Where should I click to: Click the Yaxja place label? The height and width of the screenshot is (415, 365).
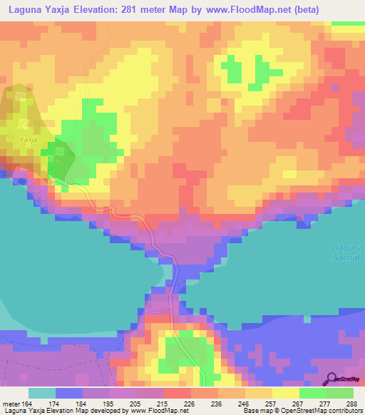(x=28, y=140)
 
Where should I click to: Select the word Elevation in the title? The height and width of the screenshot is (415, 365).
(x=91, y=9)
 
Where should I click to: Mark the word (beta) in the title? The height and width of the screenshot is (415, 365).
(x=303, y=9)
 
